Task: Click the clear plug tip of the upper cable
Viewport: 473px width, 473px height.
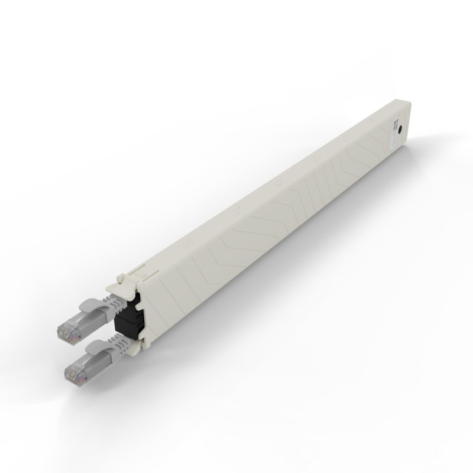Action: tap(67, 329)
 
